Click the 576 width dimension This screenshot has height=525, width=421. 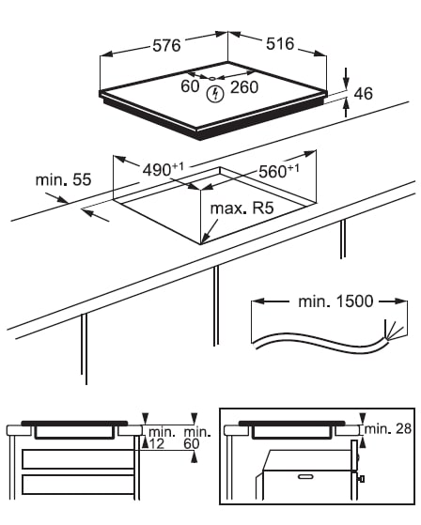(166, 45)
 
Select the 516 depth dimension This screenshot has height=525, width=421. (280, 44)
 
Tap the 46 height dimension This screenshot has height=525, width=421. (363, 94)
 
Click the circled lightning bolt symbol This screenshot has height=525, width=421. (215, 94)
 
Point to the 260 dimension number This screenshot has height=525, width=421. (244, 87)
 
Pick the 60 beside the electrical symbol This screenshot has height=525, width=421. (190, 86)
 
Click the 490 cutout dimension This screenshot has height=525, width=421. (164, 169)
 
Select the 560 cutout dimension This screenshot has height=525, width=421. (279, 171)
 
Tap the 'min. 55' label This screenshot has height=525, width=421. (63, 179)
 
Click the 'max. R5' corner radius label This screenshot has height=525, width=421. (242, 208)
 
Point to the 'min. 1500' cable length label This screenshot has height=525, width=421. (335, 301)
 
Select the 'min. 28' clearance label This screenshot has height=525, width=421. (387, 428)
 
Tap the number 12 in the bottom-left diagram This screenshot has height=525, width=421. (156, 444)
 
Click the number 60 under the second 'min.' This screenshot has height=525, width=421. (192, 444)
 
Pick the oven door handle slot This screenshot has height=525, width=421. (304, 476)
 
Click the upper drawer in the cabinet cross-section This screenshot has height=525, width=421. (78, 459)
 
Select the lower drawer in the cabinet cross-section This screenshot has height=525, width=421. (78, 485)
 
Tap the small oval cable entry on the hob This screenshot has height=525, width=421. (212, 79)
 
